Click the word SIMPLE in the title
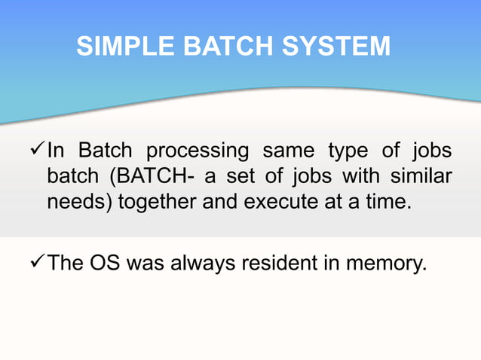point(123,47)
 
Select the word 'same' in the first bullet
point(287,151)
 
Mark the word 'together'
point(152,204)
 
